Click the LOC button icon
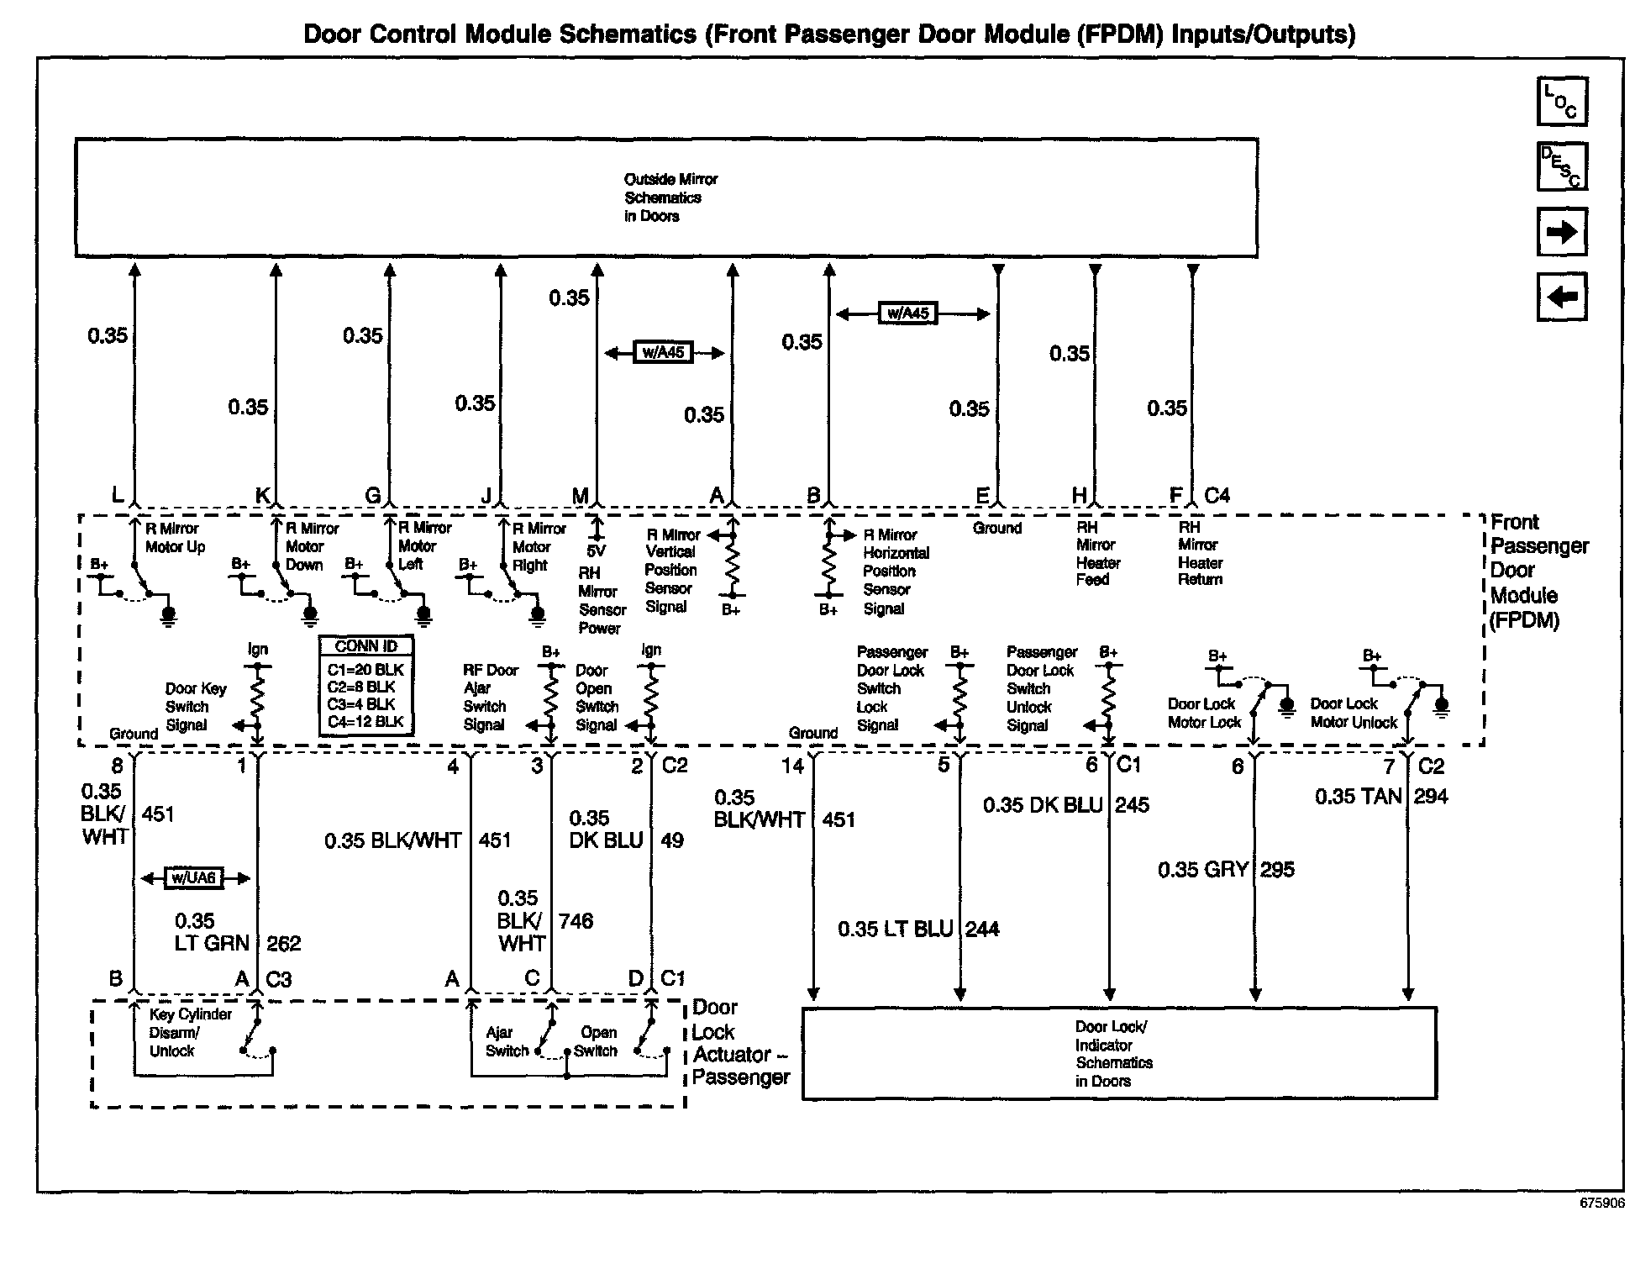1561,102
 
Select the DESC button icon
1561,166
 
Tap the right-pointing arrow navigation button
1561,231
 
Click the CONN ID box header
365,646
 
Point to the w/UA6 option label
194,878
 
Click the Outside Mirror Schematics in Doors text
670,197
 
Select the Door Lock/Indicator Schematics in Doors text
1113,1053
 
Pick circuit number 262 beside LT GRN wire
283,944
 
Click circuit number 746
576,921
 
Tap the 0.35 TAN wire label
1358,797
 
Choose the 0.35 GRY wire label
1202,870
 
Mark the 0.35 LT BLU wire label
895,929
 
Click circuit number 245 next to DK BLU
1132,805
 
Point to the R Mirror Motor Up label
175,538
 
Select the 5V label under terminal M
596,551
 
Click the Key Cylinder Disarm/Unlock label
190,1032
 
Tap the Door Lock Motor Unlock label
1353,714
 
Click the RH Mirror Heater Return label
1199,553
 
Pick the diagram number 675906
1601,1203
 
